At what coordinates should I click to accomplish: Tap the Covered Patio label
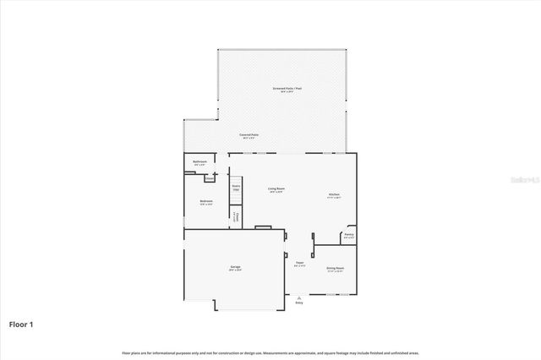[x=249, y=135]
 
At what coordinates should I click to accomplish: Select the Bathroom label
[x=199, y=162]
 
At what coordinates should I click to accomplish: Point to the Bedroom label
[x=205, y=202]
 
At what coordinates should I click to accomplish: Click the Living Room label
[x=276, y=189]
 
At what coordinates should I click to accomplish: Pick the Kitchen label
[x=334, y=195]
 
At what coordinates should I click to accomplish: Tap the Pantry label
[x=348, y=236]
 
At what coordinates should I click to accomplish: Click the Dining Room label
[x=335, y=270]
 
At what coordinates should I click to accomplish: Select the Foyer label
[x=299, y=264]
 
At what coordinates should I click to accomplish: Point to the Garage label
[x=235, y=269]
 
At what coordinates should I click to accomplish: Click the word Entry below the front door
[x=298, y=302]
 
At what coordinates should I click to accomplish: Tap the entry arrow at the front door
[x=298, y=297]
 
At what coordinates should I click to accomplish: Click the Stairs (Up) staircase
[x=237, y=187]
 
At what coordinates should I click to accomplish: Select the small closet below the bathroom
[x=209, y=178]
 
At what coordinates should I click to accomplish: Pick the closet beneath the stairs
[x=237, y=216]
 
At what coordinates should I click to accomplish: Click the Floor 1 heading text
[x=22, y=324]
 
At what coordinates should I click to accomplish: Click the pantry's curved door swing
[x=347, y=229]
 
